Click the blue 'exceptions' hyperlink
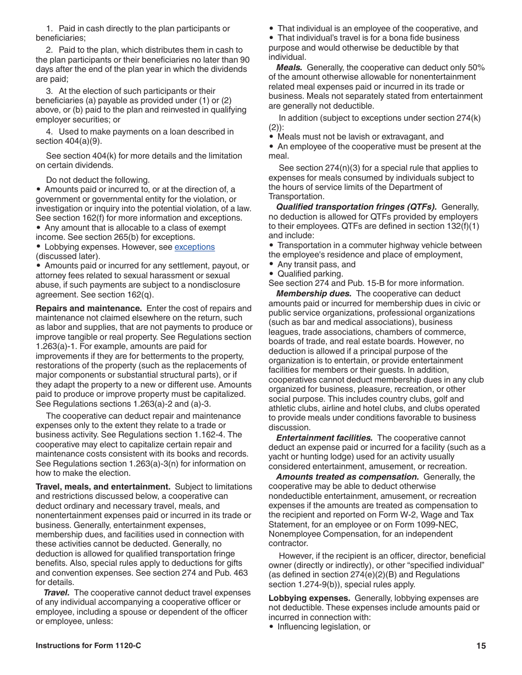click(x=195, y=247)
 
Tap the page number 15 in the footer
click(x=481, y=646)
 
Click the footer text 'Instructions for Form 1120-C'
click(x=88, y=646)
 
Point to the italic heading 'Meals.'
click(x=289, y=67)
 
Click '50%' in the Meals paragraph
click(x=476, y=67)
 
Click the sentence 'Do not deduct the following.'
click(x=98, y=180)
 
